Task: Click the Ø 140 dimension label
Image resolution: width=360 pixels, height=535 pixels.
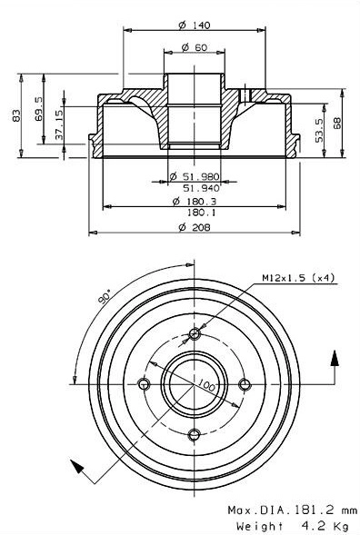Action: (x=195, y=25)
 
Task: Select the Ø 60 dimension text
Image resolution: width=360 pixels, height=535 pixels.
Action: (x=195, y=47)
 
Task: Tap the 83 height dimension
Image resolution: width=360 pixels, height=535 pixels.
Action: (x=16, y=115)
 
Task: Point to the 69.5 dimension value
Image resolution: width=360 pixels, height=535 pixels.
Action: (x=38, y=108)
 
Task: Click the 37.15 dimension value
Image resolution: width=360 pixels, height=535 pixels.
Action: (x=59, y=124)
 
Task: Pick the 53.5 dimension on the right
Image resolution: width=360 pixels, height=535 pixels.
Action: (x=319, y=130)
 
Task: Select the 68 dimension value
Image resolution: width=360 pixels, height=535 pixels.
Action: (x=337, y=124)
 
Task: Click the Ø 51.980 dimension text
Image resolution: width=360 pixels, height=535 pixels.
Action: (x=195, y=176)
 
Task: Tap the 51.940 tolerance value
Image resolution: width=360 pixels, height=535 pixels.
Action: (x=201, y=188)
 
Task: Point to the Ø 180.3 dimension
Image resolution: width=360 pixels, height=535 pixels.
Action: (x=195, y=202)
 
